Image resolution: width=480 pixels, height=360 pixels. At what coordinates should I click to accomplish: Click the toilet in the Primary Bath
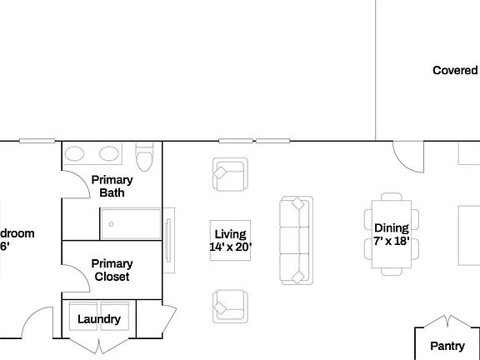[x=144, y=157]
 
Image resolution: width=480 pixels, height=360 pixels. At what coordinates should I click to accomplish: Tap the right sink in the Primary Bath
[x=108, y=154]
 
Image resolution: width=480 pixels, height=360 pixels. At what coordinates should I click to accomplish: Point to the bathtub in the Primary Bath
[x=131, y=223]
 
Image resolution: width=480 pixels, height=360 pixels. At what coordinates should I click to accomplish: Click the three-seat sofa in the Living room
[x=295, y=239]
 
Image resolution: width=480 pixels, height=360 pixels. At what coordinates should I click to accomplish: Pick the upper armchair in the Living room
[x=229, y=175]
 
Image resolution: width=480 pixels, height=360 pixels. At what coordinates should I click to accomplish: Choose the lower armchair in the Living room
[x=229, y=305]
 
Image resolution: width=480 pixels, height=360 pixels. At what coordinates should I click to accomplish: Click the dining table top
[x=390, y=233]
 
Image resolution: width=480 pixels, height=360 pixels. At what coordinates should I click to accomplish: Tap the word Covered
[x=455, y=71]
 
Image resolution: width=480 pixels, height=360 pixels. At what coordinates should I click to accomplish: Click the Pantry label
[x=447, y=346]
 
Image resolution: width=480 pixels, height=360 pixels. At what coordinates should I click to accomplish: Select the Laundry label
[x=99, y=319]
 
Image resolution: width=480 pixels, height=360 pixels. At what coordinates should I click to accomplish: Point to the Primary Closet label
[x=112, y=270]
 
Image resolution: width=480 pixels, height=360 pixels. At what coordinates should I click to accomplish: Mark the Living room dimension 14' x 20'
[x=230, y=247]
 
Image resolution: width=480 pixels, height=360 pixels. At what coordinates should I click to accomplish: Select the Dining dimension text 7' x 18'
[x=390, y=241]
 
